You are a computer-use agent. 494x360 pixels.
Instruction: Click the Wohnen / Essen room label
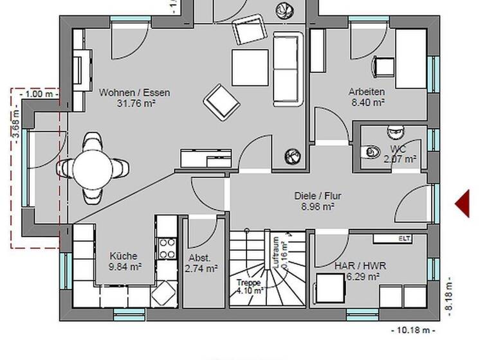[134, 93]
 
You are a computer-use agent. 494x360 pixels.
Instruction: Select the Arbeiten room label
[367, 91]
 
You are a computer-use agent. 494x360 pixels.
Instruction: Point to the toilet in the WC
[371, 152]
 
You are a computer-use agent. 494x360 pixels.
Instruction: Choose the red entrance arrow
[463, 204]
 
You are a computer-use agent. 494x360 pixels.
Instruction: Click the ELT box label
[405, 239]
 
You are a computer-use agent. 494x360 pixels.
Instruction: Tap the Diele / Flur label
[317, 196]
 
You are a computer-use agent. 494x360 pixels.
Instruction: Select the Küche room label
[123, 255]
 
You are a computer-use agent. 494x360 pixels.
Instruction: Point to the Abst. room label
[199, 258]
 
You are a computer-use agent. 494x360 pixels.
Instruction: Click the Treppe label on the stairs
[248, 282]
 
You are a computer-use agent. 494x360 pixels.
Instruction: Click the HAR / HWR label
[356, 265]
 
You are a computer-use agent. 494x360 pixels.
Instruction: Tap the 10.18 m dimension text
[413, 330]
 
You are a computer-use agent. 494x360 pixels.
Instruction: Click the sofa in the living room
[287, 69]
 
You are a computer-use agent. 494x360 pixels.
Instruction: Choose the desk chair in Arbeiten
[384, 65]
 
